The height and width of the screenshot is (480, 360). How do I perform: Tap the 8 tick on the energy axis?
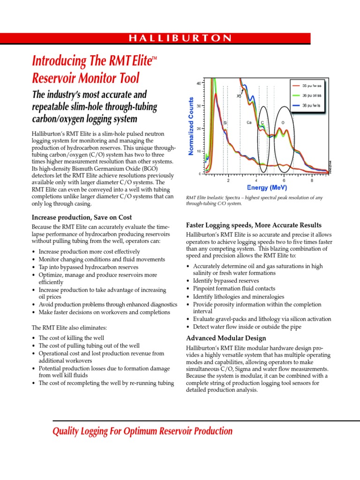312,180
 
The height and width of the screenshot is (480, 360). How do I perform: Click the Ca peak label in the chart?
249,122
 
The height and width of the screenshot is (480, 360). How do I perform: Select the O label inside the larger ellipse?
283,122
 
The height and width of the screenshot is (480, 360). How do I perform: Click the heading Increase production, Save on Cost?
82,217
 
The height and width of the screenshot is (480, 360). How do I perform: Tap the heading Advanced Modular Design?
226,338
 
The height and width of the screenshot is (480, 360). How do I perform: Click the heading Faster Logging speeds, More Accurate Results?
254,225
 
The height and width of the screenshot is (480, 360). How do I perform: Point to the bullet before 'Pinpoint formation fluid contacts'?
188,289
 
